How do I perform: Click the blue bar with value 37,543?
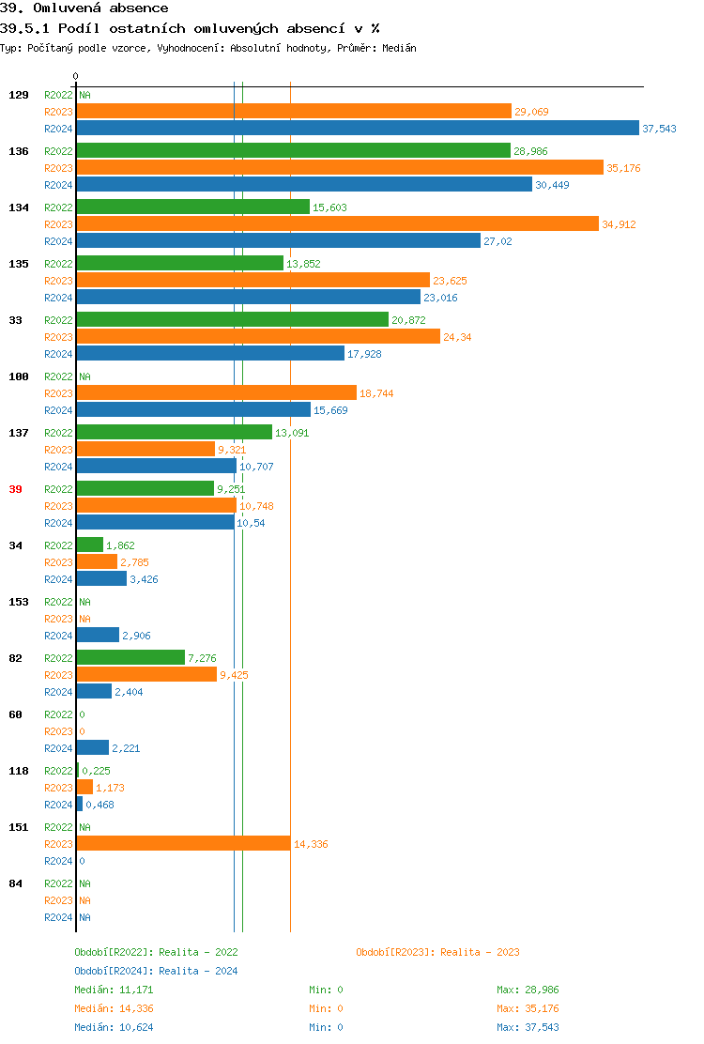tap(357, 129)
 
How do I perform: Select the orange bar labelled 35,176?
tap(339, 167)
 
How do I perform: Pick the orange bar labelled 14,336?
tap(183, 843)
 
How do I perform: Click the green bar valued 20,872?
tap(232, 319)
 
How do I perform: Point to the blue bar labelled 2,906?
tap(98, 635)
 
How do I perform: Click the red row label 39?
tap(15, 489)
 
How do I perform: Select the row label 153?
tap(18, 602)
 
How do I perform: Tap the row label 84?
tap(15, 883)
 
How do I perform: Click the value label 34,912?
tap(619, 224)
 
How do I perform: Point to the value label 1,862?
tap(121, 545)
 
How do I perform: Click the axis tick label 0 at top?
tap(76, 76)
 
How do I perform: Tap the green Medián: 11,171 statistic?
tap(114, 990)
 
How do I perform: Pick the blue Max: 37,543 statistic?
tap(528, 1027)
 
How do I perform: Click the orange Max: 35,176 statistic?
tap(528, 1008)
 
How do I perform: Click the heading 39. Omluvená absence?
tap(84, 8)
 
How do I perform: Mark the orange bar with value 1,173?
tap(84, 787)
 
